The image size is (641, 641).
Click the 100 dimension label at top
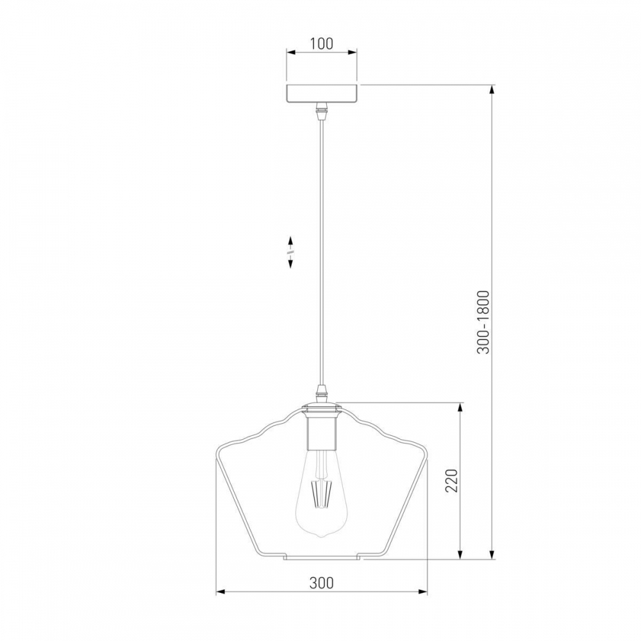pyautogui.click(x=322, y=44)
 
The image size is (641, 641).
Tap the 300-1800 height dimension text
pyautogui.click(x=483, y=322)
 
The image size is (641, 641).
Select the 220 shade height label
pyautogui.click(x=451, y=481)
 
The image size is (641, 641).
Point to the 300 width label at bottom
pyautogui.click(x=321, y=583)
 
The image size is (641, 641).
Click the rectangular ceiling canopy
pyautogui.click(x=322, y=94)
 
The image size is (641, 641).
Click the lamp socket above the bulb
pyautogui.click(x=322, y=429)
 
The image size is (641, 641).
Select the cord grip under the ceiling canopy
pyautogui.click(x=322, y=111)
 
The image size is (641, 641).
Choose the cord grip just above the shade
pyautogui.click(x=322, y=393)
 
